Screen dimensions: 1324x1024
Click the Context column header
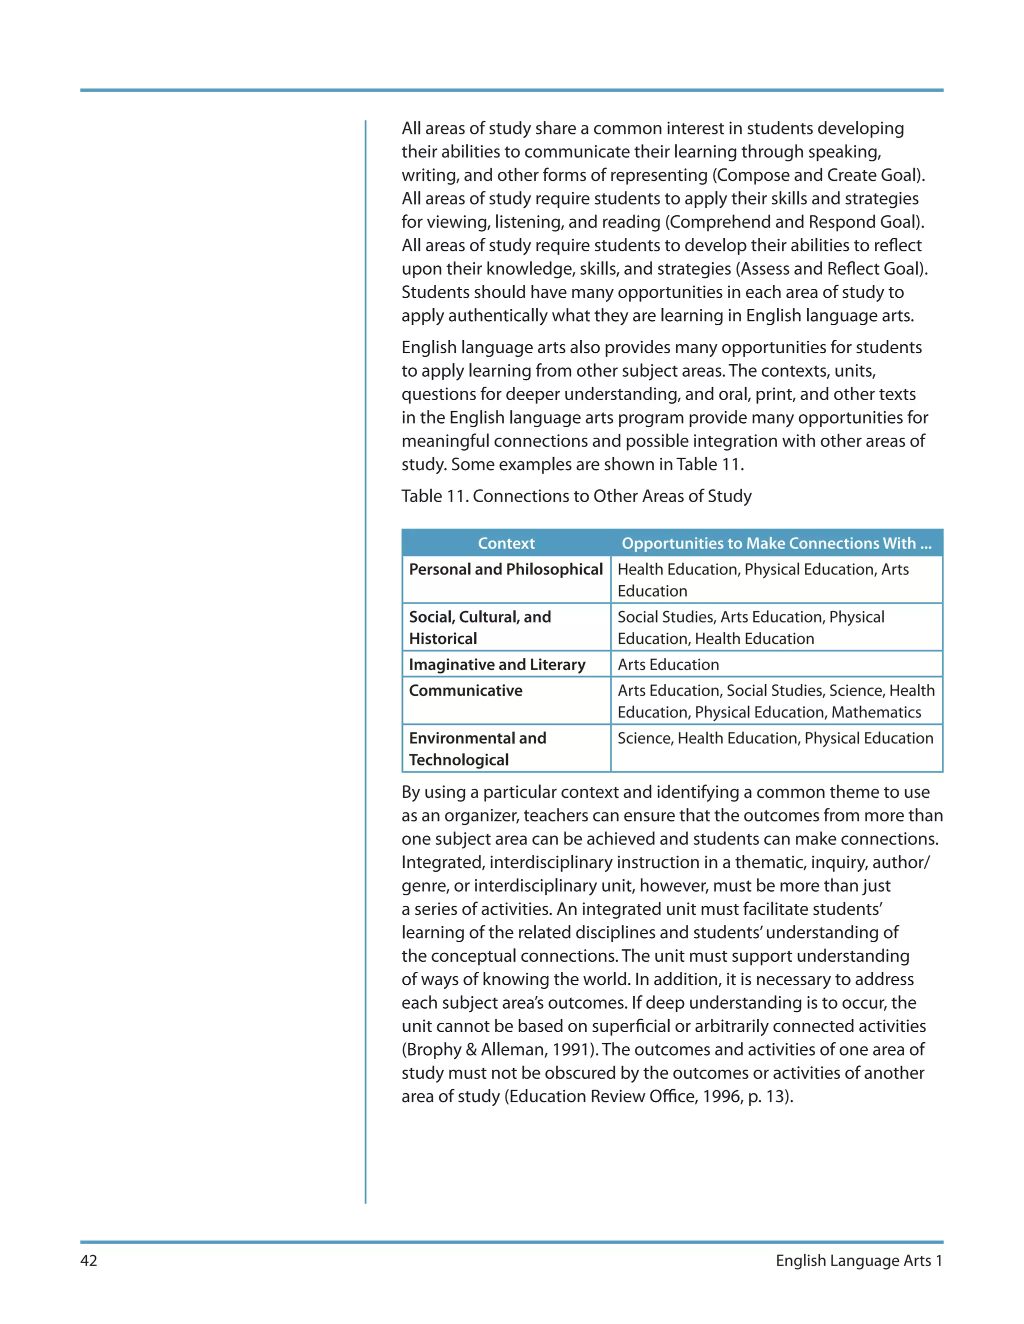click(x=506, y=543)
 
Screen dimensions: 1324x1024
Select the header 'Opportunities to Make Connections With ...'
click(x=776, y=543)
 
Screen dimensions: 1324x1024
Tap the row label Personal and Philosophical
click(x=505, y=569)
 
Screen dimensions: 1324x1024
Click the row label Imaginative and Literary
click(x=497, y=664)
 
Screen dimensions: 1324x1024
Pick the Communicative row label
click(x=465, y=690)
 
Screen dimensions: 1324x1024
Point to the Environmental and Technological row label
click(x=477, y=749)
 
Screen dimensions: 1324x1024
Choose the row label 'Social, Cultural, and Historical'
click(x=480, y=628)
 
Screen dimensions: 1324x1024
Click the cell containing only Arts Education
click(x=668, y=664)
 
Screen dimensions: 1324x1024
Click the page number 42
click(x=88, y=1261)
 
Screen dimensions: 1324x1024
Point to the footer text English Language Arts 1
click(x=858, y=1261)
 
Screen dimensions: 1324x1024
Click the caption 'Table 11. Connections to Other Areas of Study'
click(x=576, y=496)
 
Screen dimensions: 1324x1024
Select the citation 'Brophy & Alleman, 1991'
click(x=498, y=1049)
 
